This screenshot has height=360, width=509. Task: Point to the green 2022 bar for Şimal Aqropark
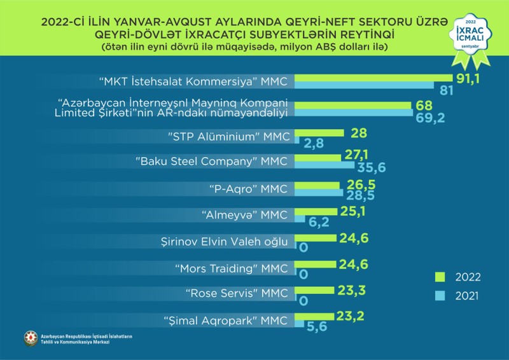[x=315, y=316]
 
